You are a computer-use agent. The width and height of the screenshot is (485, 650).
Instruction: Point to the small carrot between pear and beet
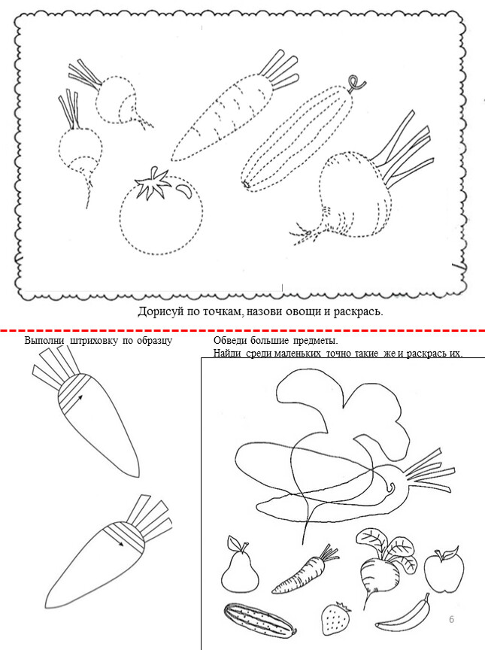click(x=305, y=570)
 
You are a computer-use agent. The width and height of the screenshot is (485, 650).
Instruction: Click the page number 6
click(x=451, y=619)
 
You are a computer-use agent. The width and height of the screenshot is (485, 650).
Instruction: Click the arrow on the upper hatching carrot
click(x=79, y=400)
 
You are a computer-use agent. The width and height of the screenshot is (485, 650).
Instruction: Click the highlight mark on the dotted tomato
click(x=184, y=190)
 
